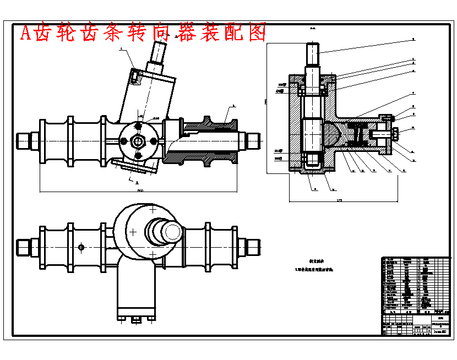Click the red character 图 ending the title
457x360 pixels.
coord(257,33)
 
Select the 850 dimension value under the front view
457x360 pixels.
coord(140,190)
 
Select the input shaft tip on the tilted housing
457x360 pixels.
coord(159,52)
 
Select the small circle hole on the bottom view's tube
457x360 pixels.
coord(81,247)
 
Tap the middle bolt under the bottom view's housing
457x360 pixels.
coord(135,319)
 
